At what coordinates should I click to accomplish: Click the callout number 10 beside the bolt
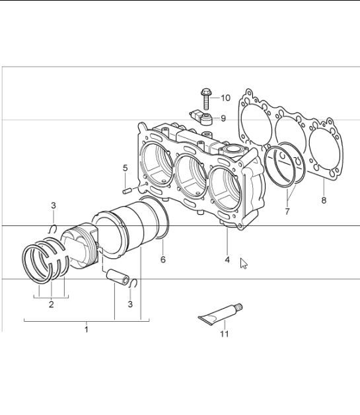225,98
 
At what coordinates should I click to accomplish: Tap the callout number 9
223,119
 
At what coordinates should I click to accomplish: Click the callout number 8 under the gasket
323,200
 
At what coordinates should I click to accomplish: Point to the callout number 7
287,212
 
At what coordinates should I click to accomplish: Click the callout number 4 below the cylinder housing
227,260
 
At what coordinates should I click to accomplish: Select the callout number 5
125,169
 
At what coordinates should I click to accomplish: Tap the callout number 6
162,260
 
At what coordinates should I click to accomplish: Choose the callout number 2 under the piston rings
52,305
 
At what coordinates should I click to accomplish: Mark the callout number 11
223,335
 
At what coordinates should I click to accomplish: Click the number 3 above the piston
54,206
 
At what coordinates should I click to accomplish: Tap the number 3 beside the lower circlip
130,304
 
